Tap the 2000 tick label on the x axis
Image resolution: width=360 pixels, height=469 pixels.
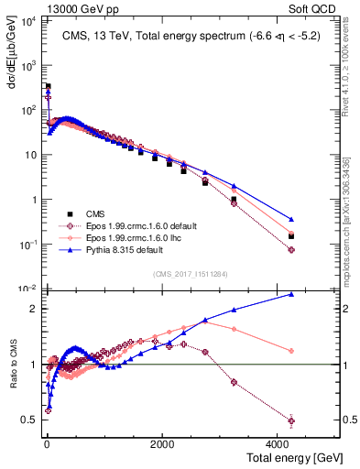161,443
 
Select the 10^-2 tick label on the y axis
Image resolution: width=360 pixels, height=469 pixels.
26,289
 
